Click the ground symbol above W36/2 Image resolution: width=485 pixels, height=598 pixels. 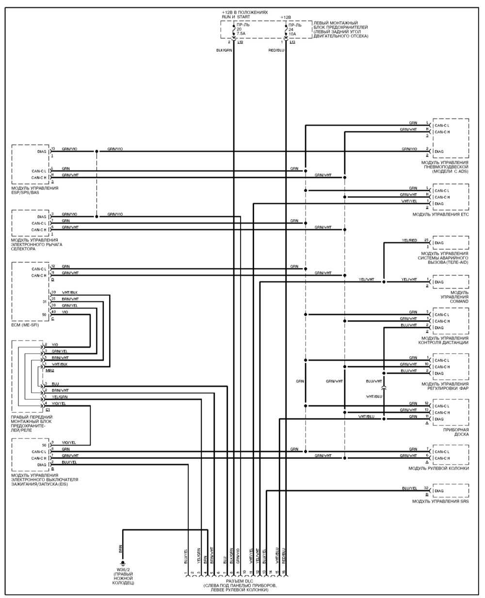click(123, 563)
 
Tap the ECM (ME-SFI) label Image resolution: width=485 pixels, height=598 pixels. click(25, 324)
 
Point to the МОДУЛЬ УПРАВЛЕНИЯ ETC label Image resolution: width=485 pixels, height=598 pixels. click(440, 214)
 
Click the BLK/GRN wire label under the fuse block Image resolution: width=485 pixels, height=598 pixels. click(224, 50)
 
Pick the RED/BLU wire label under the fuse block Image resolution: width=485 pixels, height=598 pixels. click(276, 50)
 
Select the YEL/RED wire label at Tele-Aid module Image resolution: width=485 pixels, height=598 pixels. click(409, 241)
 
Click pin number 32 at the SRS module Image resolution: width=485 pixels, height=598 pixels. click(426, 488)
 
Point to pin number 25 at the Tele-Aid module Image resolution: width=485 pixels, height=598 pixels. click(426, 240)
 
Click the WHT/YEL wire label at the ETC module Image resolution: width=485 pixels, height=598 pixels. click(408, 201)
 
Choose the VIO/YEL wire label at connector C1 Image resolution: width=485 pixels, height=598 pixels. click(59, 403)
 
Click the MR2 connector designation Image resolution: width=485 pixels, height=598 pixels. click(49, 370)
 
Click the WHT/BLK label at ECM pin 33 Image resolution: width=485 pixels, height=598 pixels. click(69, 292)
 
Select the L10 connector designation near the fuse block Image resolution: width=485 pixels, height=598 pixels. click(240, 42)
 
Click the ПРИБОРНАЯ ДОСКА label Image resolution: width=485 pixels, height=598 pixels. click(455, 432)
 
